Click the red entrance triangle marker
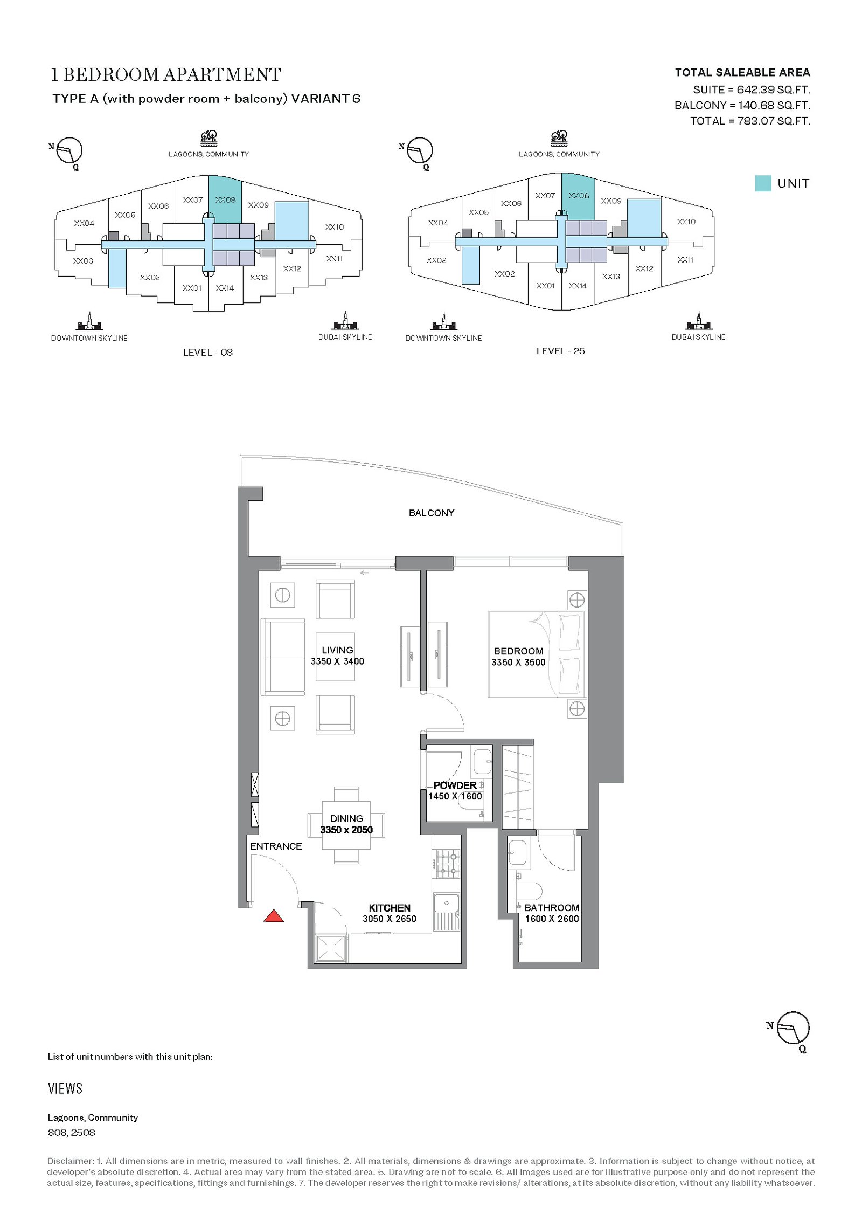[274, 915]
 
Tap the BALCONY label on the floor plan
[432, 513]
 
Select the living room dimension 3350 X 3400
[337, 661]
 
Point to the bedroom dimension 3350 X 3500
[518, 663]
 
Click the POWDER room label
[455, 785]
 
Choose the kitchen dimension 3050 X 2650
[390, 919]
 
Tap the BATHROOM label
[552, 908]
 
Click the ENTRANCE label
[276, 846]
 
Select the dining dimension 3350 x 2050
[346, 830]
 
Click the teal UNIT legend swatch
[763, 183]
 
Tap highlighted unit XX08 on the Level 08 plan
[225, 199]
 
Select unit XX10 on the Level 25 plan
[686, 222]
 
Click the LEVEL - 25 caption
[560, 351]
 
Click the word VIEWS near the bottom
[65, 1088]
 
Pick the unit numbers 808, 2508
[72, 1132]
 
